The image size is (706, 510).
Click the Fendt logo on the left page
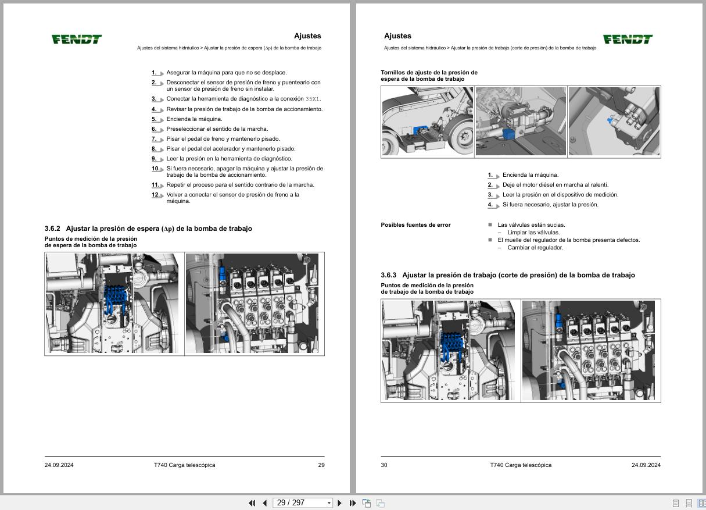(x=77, y=39)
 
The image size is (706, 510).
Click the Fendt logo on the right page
(x=628, y=39)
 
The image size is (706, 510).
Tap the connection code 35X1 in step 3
(x=313, y=99)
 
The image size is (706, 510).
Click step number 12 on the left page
(x=156, y=195)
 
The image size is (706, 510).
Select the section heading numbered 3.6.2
(x=148, y=229)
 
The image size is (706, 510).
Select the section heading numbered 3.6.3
(x=507, y=275)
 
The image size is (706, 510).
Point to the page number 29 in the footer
(x=321, y=465)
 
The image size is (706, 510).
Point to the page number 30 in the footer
(x=384, y=465)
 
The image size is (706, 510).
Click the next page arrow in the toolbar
(x=340, y=503)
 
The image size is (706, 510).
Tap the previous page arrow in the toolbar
(x=265, y=503)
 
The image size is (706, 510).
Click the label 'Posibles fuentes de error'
(x=415, y=225)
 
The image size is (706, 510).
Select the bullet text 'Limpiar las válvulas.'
(x=533, y=233)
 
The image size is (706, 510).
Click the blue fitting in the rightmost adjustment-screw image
(x=610, y=121)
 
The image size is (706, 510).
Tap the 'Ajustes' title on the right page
(x=397, y=36)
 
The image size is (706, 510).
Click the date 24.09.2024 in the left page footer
(x=59, y=465)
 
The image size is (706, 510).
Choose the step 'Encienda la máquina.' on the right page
(x=530, y=175)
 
